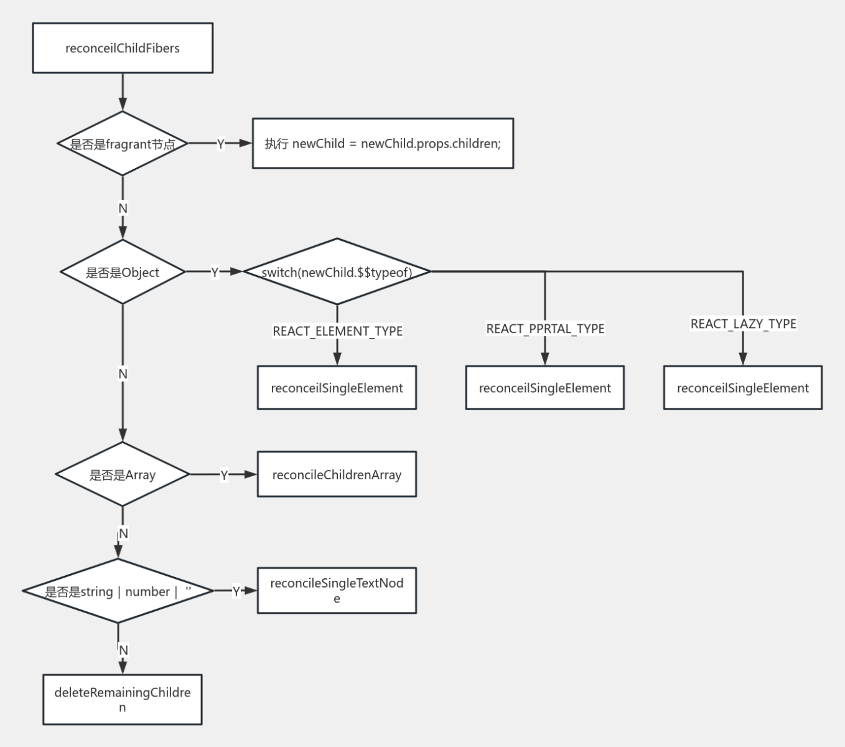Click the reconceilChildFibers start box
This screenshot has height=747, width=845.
tap(123, 48)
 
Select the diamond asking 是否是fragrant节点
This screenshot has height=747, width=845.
tap(123, 144)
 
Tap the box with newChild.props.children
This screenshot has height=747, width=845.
tap(383, 143)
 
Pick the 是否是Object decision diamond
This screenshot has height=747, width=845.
tap(123, 272)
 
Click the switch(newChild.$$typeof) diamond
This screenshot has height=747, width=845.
tap(337, 272)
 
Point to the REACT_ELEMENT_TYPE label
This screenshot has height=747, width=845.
tap(337, 331)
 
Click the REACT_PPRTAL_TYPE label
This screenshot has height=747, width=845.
tap(545, 329)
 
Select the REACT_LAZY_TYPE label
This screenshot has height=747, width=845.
tap(743, 324)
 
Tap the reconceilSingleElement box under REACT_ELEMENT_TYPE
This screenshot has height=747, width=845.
tap(337, 388)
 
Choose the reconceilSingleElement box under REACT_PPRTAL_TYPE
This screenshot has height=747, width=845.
tap(544, 388)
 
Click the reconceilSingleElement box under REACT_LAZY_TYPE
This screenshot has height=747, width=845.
tap(742, 388)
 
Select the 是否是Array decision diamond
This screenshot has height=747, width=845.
tap(123, 474)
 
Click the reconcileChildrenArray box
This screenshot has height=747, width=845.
tap(337, 474)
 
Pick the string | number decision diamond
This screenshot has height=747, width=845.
tap(118, 591)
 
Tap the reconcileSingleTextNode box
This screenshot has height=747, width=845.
tap(337, 591)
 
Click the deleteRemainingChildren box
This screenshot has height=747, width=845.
tap(123, 700)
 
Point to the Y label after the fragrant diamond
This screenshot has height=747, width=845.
tap(220, 144)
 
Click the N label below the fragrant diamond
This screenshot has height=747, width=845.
tap(123, 208)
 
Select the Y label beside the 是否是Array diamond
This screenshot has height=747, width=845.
tap(224, 475)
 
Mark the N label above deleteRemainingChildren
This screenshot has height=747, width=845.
tap(123, 650)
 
